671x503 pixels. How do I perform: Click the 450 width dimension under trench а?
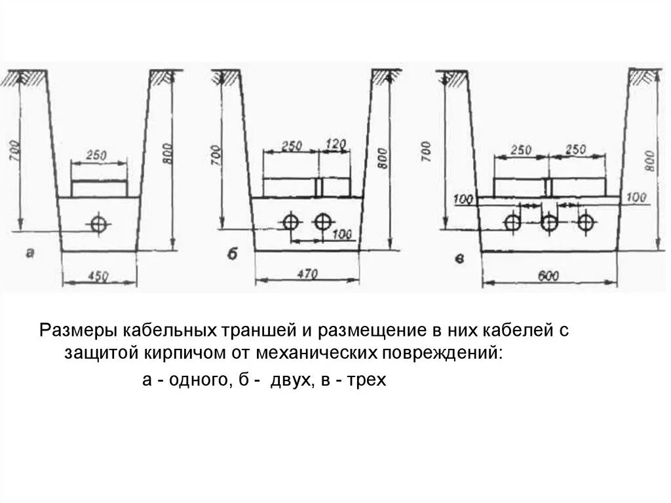(98, 277)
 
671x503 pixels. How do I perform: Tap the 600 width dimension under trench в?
(549, 276)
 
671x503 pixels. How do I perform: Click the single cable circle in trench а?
(99, 224)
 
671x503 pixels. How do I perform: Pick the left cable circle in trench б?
(291, 222)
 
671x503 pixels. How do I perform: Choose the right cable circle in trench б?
(322, 222)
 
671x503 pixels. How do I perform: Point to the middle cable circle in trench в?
(549, 223)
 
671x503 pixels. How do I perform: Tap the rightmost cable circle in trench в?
(585, 223)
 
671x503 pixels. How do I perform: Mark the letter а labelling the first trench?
(29, 253)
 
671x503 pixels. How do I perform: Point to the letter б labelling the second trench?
(233, 254)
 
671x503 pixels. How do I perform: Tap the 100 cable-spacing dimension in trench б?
(341, 234)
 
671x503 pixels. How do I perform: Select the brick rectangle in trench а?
(99, 189)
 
